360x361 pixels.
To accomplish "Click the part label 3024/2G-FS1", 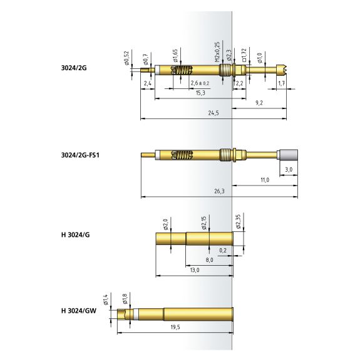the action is [80, 155].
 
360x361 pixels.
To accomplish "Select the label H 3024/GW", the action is [79, 311].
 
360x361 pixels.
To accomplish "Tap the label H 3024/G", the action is [76, 235].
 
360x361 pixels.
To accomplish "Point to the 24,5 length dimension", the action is [213, 113].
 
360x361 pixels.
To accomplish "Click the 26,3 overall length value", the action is [219, 191].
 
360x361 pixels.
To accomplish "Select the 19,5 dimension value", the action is [175, 327].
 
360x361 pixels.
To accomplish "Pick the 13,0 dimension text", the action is [195, 270].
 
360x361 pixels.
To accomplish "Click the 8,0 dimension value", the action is [209, 260].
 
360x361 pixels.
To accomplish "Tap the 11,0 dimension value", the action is [265, 180].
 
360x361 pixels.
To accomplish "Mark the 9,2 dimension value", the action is [259, 103].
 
